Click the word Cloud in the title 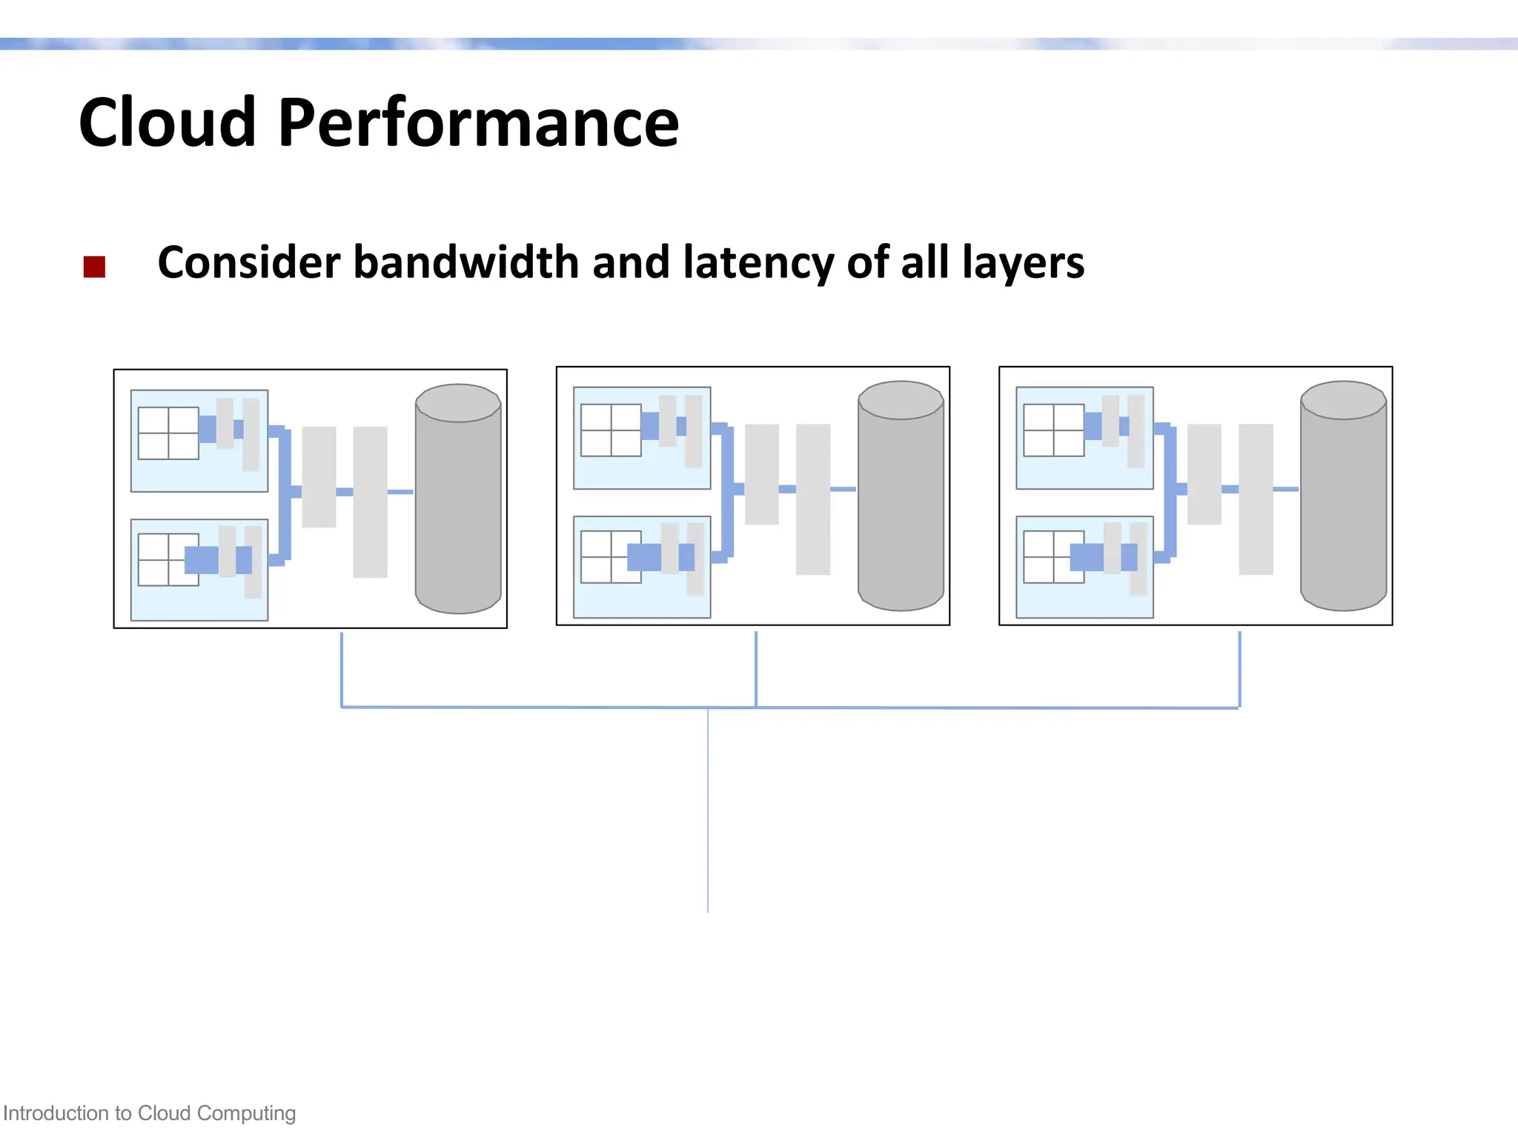point(167,122)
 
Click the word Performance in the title point(478,122)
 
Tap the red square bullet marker point(94,267)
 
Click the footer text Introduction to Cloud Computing point(149,1113)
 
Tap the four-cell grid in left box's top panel point(168,433)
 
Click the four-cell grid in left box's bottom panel point(168,559)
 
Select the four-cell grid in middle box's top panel point(611,430)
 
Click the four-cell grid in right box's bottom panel point(1053,556)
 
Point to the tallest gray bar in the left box point(370,502)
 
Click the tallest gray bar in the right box point(1256,499)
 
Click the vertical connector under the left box point(342,669)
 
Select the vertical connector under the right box point(1239,669)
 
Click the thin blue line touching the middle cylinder point(843,489)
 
